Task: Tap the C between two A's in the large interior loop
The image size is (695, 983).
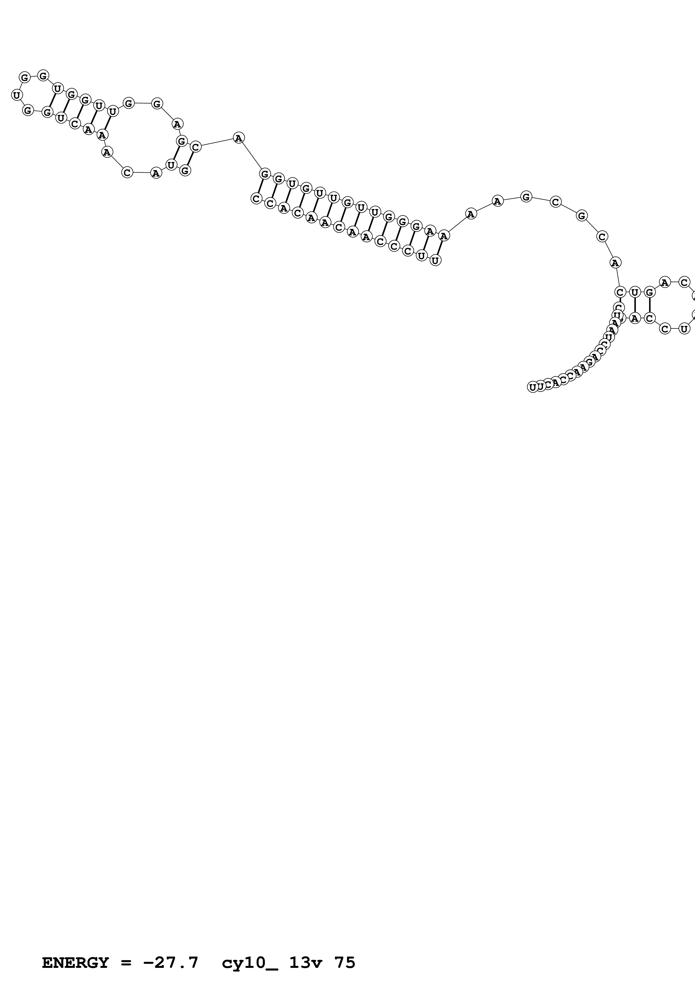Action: tap(127, 172)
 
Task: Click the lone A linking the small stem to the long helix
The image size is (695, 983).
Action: tap(239, 138)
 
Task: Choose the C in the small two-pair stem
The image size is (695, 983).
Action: tap(195, 147)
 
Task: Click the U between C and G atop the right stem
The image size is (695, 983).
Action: tap(635, 293)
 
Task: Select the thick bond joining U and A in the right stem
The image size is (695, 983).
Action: tap(635, 305)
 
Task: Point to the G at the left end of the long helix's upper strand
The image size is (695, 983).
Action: tap(265, 174)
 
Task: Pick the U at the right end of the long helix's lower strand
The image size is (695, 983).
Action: tap(435, 260)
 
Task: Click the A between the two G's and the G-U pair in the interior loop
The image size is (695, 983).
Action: tap(177, 124)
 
